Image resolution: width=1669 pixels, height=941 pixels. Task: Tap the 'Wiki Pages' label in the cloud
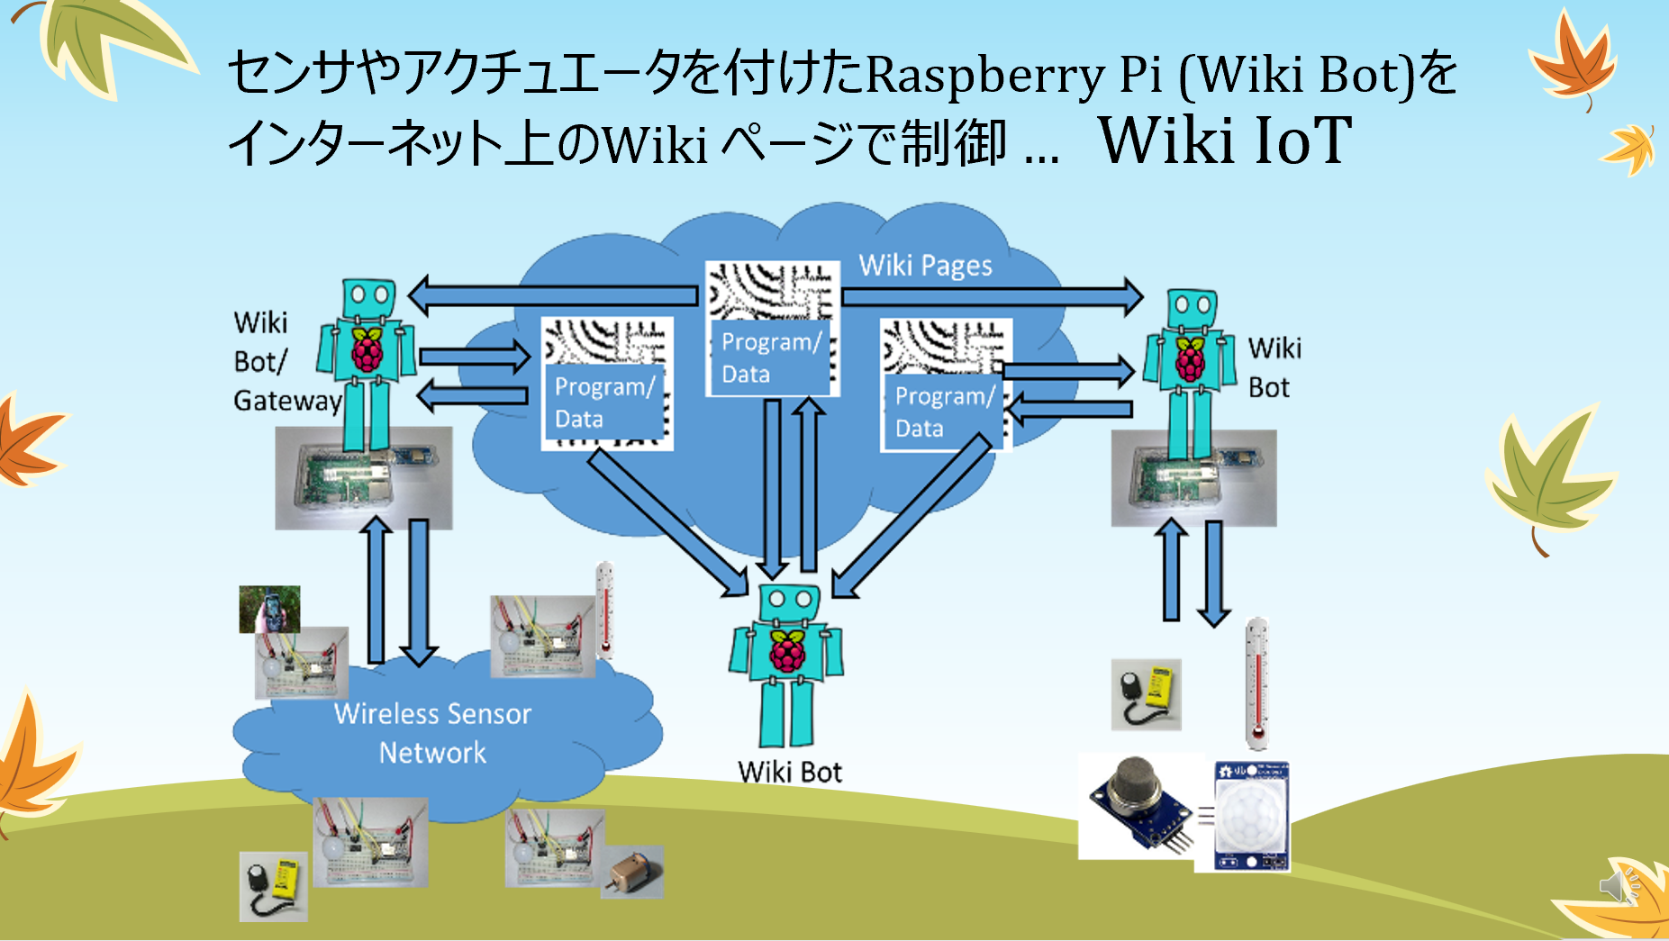(x=925, y=266)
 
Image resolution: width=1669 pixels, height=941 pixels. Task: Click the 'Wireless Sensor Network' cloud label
(x=432, y=732)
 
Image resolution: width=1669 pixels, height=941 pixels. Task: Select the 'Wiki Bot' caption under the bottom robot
(x=790, y=772)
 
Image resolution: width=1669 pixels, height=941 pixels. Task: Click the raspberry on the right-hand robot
(x=1190, y=359)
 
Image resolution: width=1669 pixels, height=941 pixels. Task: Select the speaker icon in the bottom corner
(x=1617, y=887)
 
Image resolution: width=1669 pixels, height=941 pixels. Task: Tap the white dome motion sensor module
(x=1252, y=816)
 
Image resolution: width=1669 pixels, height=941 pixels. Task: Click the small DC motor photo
(x=633, y=872)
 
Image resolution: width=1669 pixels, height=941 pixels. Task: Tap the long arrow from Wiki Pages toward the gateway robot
(x=554, y=295)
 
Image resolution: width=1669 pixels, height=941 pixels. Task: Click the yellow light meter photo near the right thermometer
(x=1146, y=694)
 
